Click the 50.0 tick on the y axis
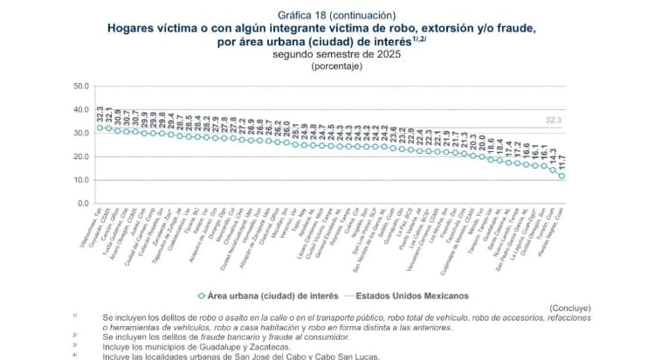81,87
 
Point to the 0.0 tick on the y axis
84,203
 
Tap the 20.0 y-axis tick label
81,156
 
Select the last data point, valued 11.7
562,176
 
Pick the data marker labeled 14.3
553,170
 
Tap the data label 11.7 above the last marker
562,161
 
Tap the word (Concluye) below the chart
569,308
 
